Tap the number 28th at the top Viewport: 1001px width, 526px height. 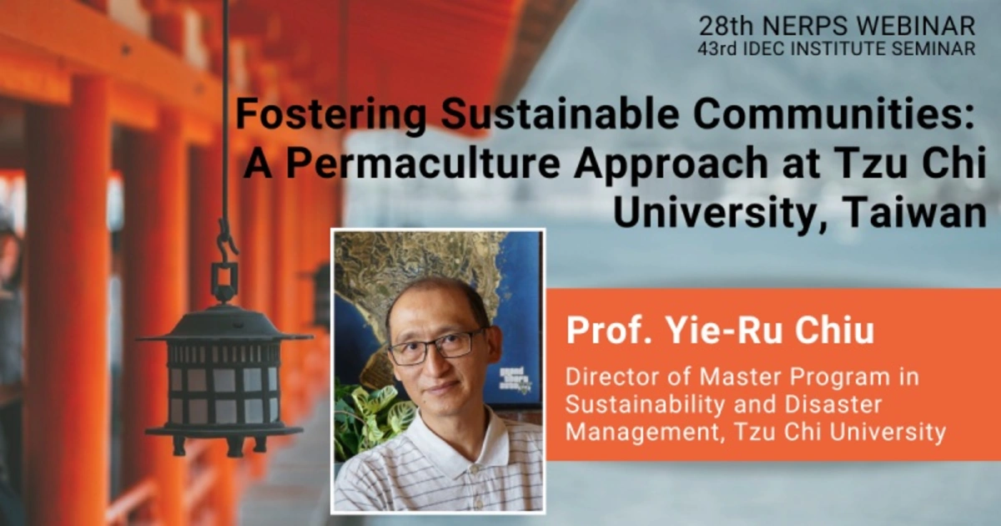pos(727,26)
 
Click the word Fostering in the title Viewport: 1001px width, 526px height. pos(330,115)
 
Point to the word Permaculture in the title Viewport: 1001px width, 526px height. pos(423,164)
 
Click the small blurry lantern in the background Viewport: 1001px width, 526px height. pos(319,296)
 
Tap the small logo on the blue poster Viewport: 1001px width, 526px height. pos(515,379)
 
